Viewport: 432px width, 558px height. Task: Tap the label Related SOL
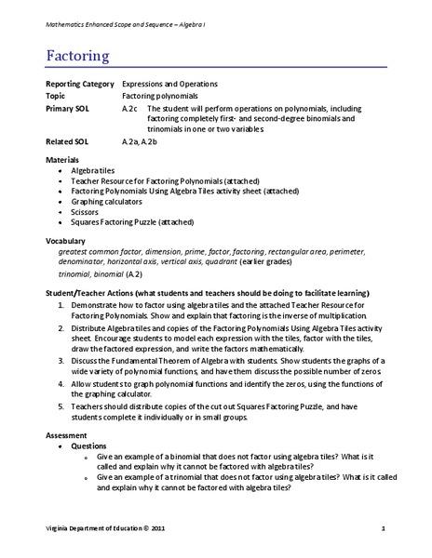tap(66, 142)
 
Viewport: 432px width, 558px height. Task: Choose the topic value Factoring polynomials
tap(161, 96)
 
